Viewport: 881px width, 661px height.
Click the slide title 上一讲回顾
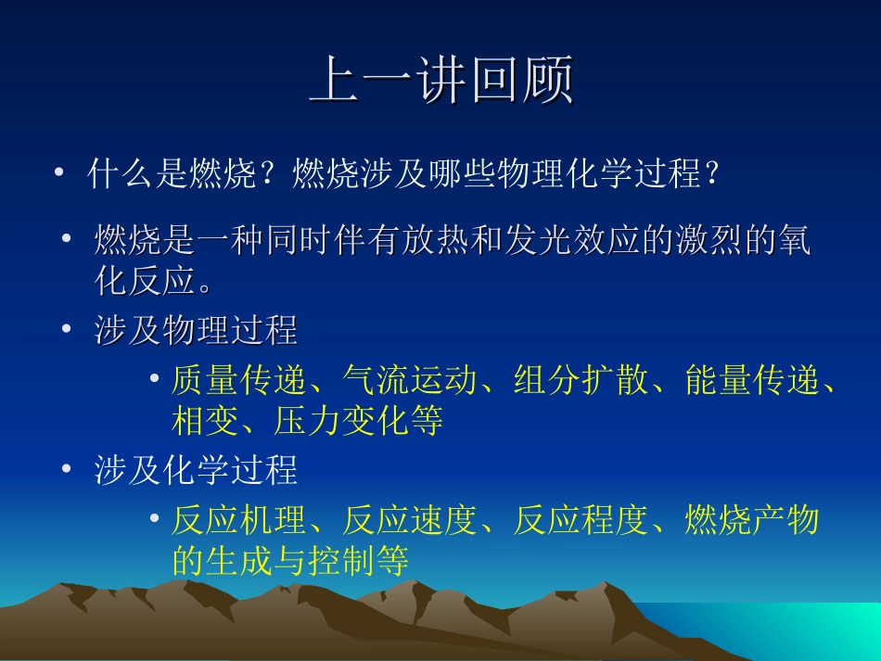(x=440, y=82)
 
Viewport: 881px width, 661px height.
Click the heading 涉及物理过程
(x=196, y=331)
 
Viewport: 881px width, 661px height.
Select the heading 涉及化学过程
(x=196, y=471)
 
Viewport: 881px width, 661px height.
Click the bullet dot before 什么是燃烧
(x=59, y=172)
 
